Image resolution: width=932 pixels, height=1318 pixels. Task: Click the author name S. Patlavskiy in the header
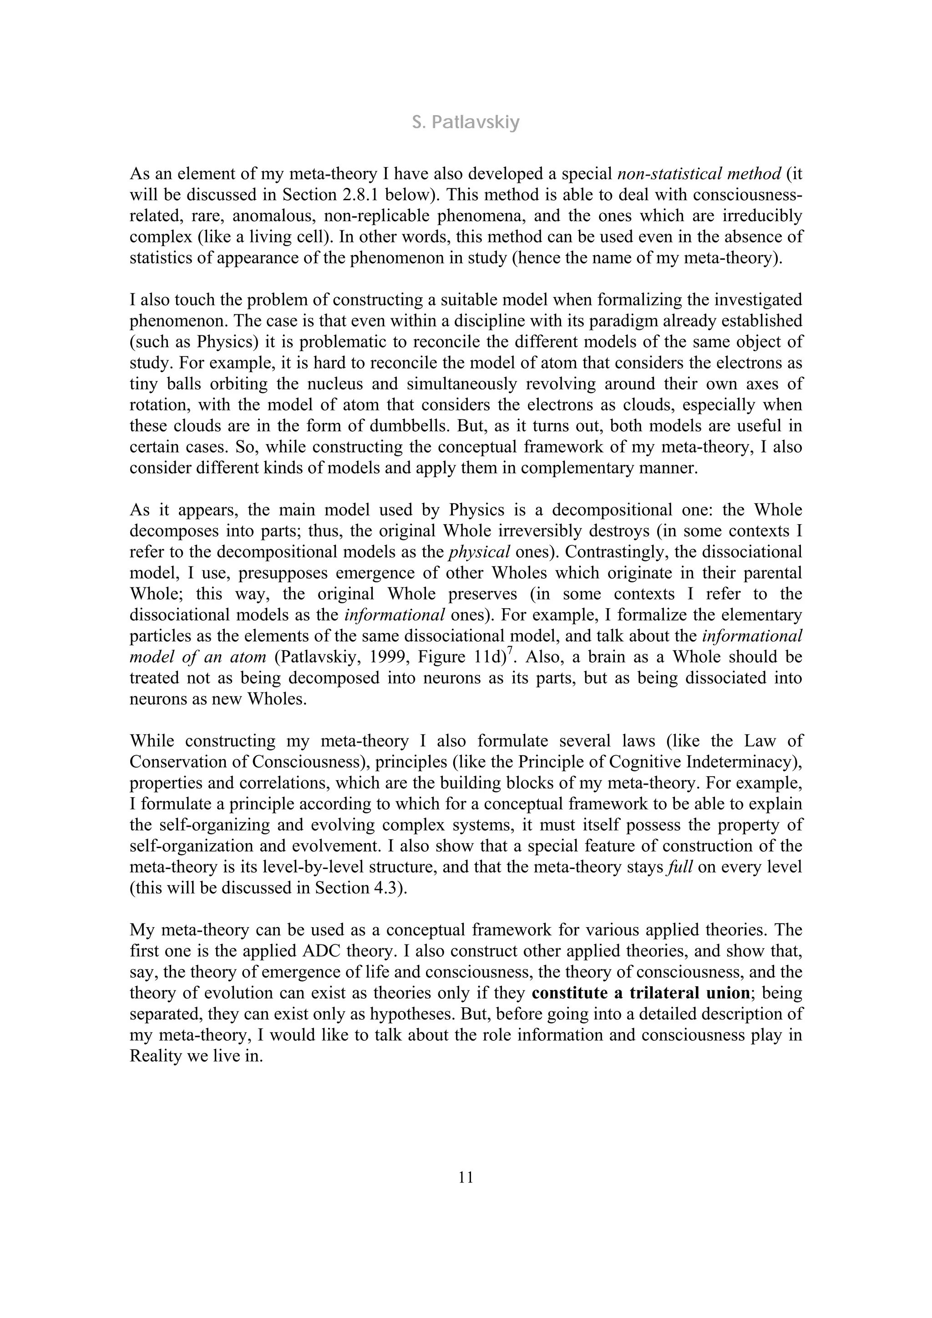coord(466,122)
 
